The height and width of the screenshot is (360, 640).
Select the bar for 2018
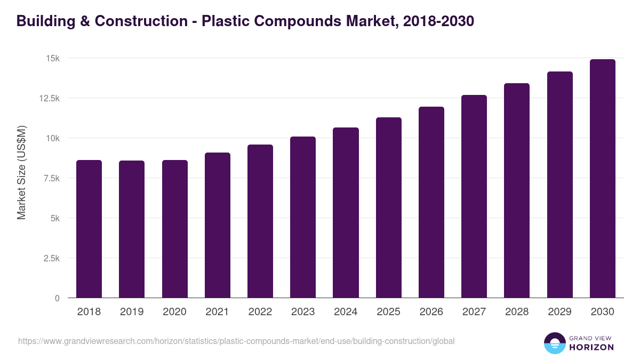click(x=89, y=229)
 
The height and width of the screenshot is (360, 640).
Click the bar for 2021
click(x=218, y=225)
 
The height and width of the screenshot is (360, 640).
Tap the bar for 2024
click(x=346, y=213)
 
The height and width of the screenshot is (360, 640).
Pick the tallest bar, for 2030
click(x=602, y=179)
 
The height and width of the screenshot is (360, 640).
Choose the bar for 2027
click(x=474, y=196)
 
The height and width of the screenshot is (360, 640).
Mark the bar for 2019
click(x=132, y=229)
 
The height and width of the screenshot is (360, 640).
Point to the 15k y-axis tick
click(x=52, y=58)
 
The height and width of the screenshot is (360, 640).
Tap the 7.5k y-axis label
click(x=51, y=178)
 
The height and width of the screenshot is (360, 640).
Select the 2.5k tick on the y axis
click(x=51, y=258)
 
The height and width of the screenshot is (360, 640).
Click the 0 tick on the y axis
click(x=57, y=298)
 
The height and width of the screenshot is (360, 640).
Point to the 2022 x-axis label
click(x=260, y=312)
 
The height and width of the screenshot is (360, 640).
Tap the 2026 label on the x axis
click(x=431, y=312)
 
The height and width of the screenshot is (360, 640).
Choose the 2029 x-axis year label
click(x=559, y=312)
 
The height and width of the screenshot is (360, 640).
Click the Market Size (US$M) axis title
click(x=21, y=172)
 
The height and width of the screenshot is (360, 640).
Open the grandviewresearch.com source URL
click(x=236, y=341)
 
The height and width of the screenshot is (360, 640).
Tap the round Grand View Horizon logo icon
click(x=555, y=343)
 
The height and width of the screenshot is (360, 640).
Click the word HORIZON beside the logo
click(x=591, y=347)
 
